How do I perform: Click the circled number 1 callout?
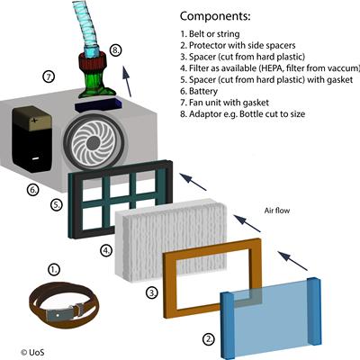coord(54,268)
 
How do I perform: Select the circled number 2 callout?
coord(209,339)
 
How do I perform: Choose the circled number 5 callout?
coord(56,205)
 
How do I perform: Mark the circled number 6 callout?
coord(33,190)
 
